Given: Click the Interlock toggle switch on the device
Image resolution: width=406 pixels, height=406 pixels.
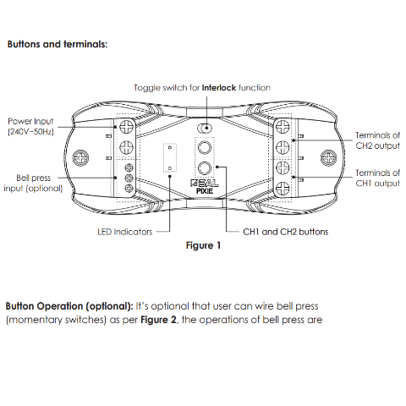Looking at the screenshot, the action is click(x=205, y=129).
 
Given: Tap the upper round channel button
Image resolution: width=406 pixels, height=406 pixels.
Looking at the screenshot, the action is click(x=205, y=147).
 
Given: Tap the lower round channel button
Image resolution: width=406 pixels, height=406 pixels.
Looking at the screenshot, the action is click(x=205, y=168).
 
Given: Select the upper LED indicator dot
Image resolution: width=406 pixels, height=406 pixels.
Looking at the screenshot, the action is click(x=170, y=147).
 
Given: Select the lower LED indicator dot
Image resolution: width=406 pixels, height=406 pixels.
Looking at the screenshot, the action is click(x=170, y=168).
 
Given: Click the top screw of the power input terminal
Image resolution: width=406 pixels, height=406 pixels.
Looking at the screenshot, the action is click(x=127, y=126).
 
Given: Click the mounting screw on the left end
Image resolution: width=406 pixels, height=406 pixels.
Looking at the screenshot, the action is click(x=80, y=157).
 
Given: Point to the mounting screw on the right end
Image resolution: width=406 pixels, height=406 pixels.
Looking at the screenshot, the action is click(x=329, y=157).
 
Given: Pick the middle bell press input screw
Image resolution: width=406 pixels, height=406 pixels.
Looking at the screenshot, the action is click(x=129, y=178).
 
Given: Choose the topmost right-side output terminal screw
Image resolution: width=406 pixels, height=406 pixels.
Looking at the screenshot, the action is click(x=283, y=126).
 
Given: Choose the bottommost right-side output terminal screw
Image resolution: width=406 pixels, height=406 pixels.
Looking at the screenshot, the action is click(x=283, y=189).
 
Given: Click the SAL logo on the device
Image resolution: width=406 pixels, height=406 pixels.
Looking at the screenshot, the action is click(x=205, y=184).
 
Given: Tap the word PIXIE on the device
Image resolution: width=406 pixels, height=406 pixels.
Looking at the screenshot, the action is click(x=205, y=191).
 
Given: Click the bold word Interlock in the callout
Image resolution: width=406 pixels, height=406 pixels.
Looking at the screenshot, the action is click(x=219, y=88).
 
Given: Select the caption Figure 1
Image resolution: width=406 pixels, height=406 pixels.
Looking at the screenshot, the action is click(x=203, y=245).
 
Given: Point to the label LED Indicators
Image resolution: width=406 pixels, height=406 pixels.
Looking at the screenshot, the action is click(x=125, y=232).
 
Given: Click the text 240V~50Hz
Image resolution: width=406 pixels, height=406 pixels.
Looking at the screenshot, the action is click(x=30, y=132).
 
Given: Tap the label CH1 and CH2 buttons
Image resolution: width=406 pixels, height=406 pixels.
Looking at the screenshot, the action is click(x=286, y=232).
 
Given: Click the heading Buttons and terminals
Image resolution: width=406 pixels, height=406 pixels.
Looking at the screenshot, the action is click(x=58, y=44).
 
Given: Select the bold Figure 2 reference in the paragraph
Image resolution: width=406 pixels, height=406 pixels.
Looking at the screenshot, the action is click(x=158, y=320).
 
